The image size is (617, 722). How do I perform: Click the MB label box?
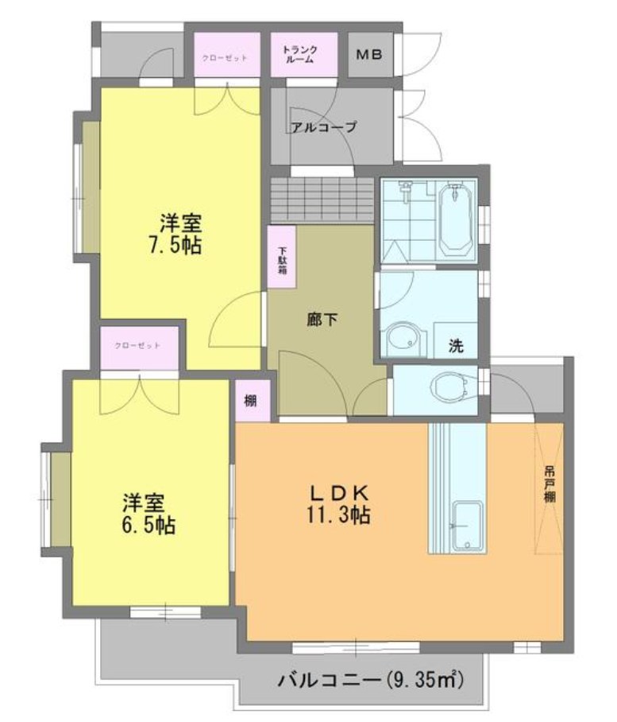369,55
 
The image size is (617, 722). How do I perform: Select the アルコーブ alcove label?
323,126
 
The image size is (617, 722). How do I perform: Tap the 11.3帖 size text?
337,515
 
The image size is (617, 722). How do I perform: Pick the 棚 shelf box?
250,402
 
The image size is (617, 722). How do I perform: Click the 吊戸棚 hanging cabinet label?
549,484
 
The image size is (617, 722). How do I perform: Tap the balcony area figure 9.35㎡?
425,681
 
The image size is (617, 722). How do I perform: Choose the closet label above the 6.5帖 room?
138,346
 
